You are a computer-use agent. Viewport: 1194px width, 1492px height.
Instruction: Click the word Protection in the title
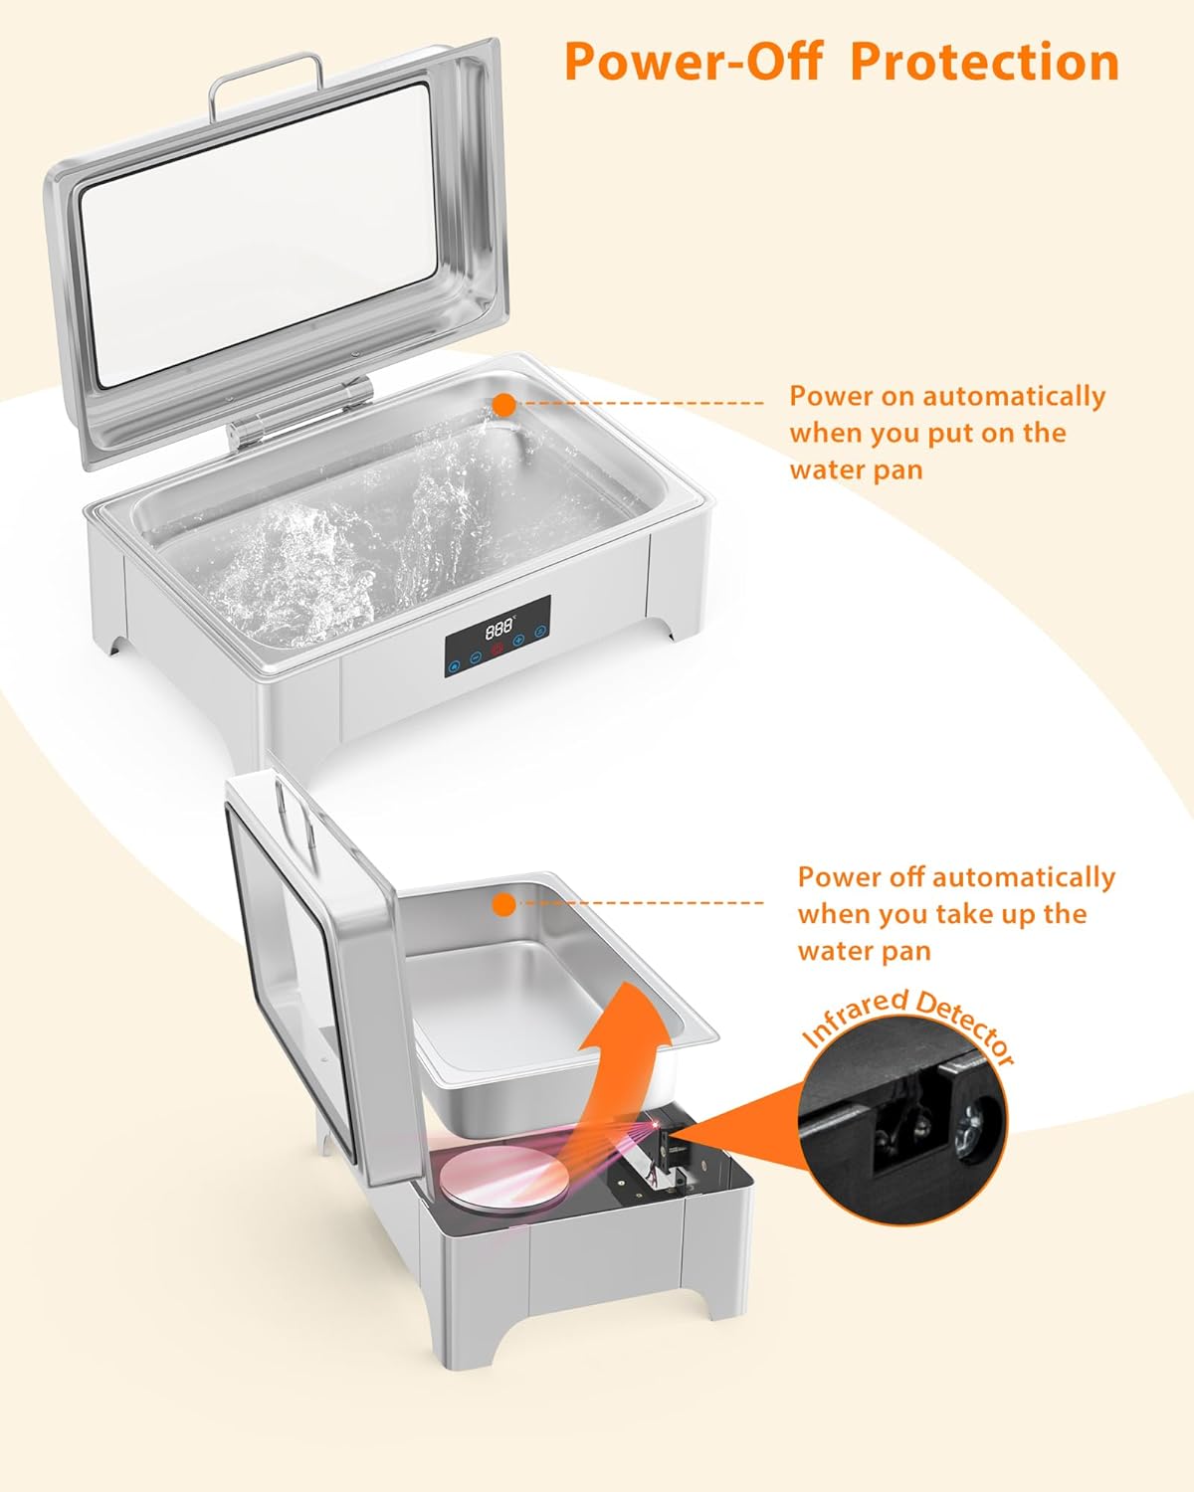coord(984,62)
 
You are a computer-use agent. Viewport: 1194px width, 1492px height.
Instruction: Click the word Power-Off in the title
coord(693,62)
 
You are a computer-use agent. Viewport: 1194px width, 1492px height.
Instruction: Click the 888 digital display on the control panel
coord(498,630)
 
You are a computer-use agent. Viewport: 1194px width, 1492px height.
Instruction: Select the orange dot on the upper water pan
coord(504,405)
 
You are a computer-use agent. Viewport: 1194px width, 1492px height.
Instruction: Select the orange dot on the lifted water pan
coord(504,904)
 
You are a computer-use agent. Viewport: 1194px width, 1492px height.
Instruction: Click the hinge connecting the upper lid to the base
coord(298,415)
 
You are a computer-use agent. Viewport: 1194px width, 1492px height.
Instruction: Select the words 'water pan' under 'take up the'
coord(864,951)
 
